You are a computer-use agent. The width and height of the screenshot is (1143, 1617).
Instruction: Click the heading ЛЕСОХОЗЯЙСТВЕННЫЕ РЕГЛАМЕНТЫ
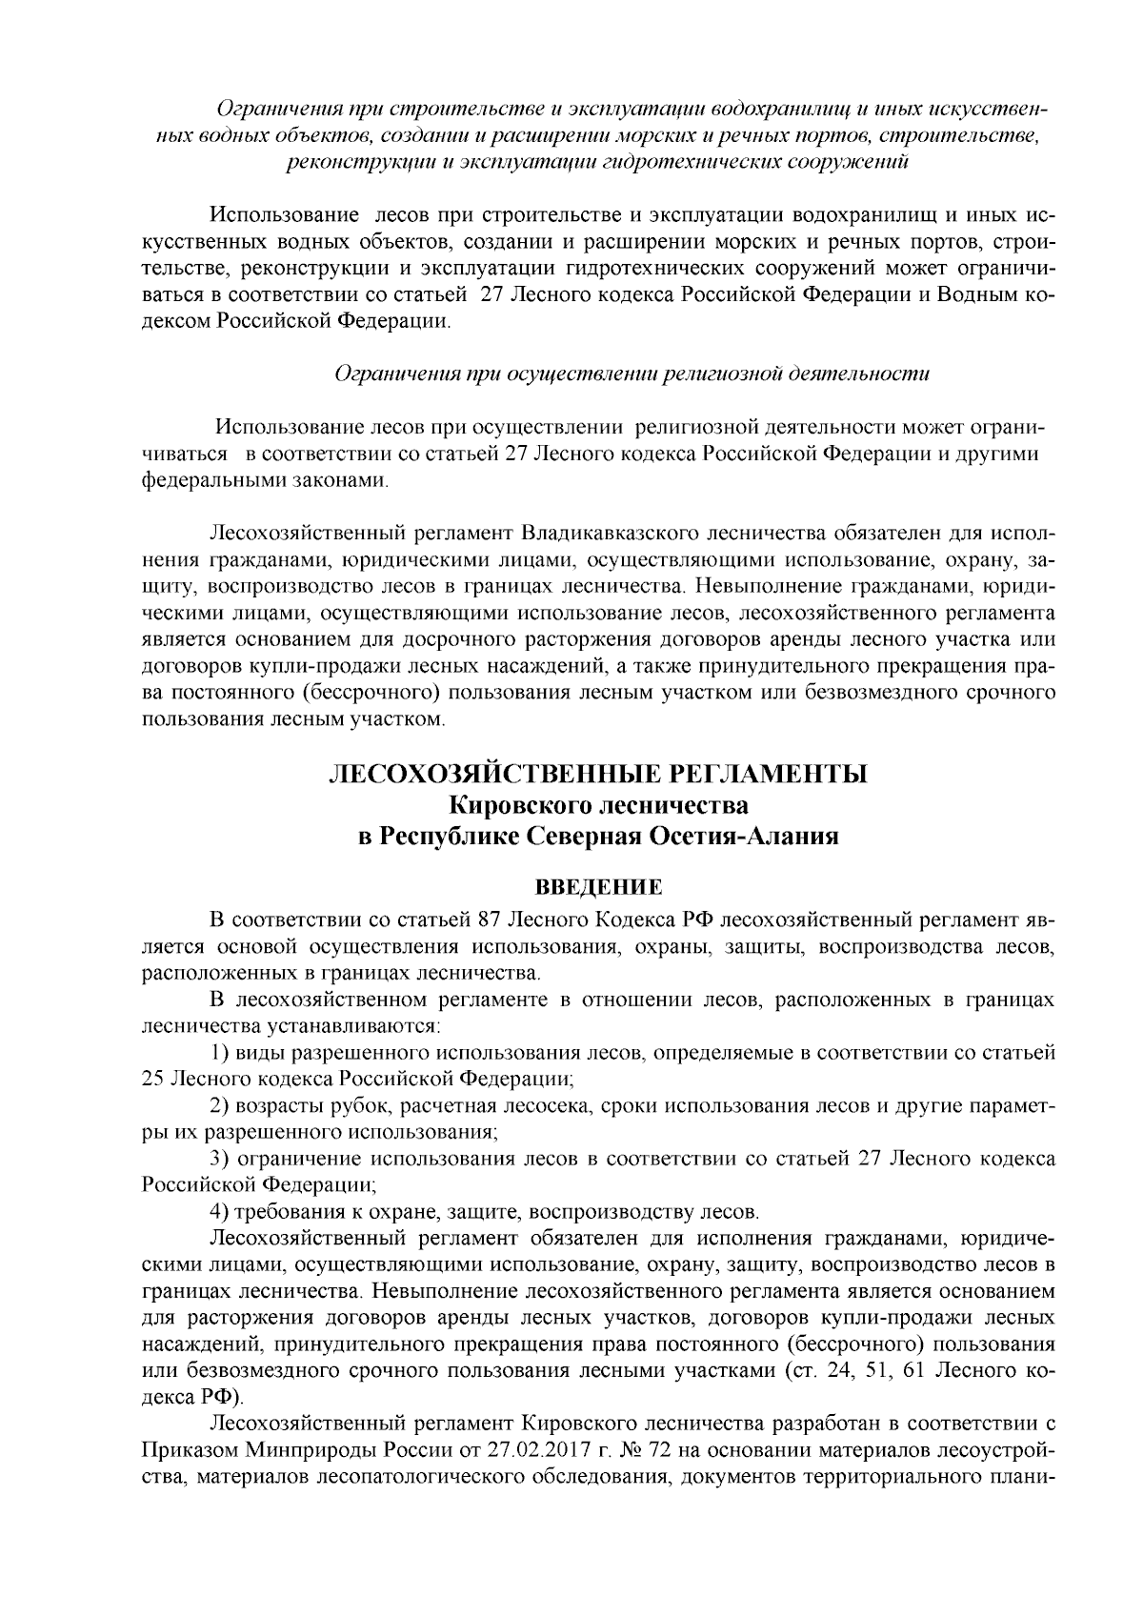click(x=597, y=774)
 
